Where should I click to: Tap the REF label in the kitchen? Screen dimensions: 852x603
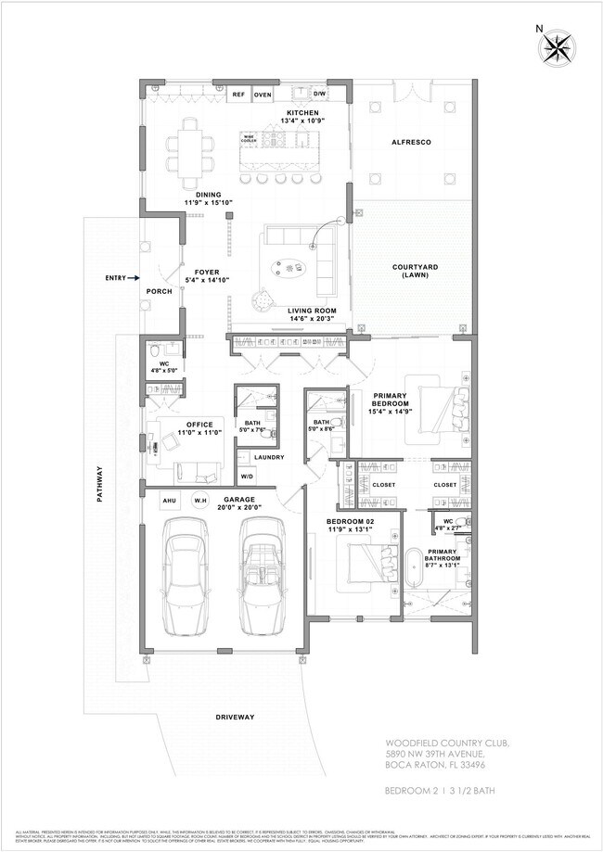238,95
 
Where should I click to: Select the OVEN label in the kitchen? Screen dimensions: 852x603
263,95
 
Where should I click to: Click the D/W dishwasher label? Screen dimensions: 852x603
319,95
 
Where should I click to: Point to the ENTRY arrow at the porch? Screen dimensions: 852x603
135,276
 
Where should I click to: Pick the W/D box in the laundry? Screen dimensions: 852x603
248,477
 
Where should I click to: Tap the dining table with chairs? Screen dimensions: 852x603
189,147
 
